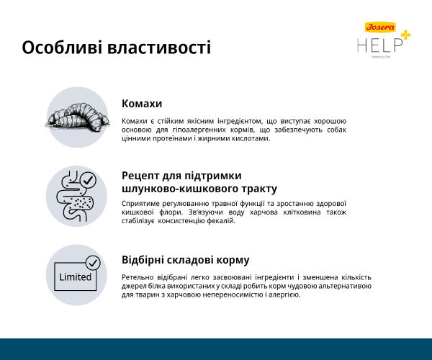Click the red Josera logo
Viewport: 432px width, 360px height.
pos(380,27)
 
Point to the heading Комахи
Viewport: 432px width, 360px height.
pos(142,104)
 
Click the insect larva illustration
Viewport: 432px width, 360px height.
pos(76,118)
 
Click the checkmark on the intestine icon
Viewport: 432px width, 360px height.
pos(88,180)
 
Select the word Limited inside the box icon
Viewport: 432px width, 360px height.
pos(74,277)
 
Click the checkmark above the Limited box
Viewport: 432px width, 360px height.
pos(92,261)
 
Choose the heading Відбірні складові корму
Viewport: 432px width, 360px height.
pos(186,260)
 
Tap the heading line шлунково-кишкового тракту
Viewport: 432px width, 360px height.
pos(199,189)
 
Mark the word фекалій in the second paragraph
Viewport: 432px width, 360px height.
pos(221,221)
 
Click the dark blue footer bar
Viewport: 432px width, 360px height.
pos(216,349)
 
